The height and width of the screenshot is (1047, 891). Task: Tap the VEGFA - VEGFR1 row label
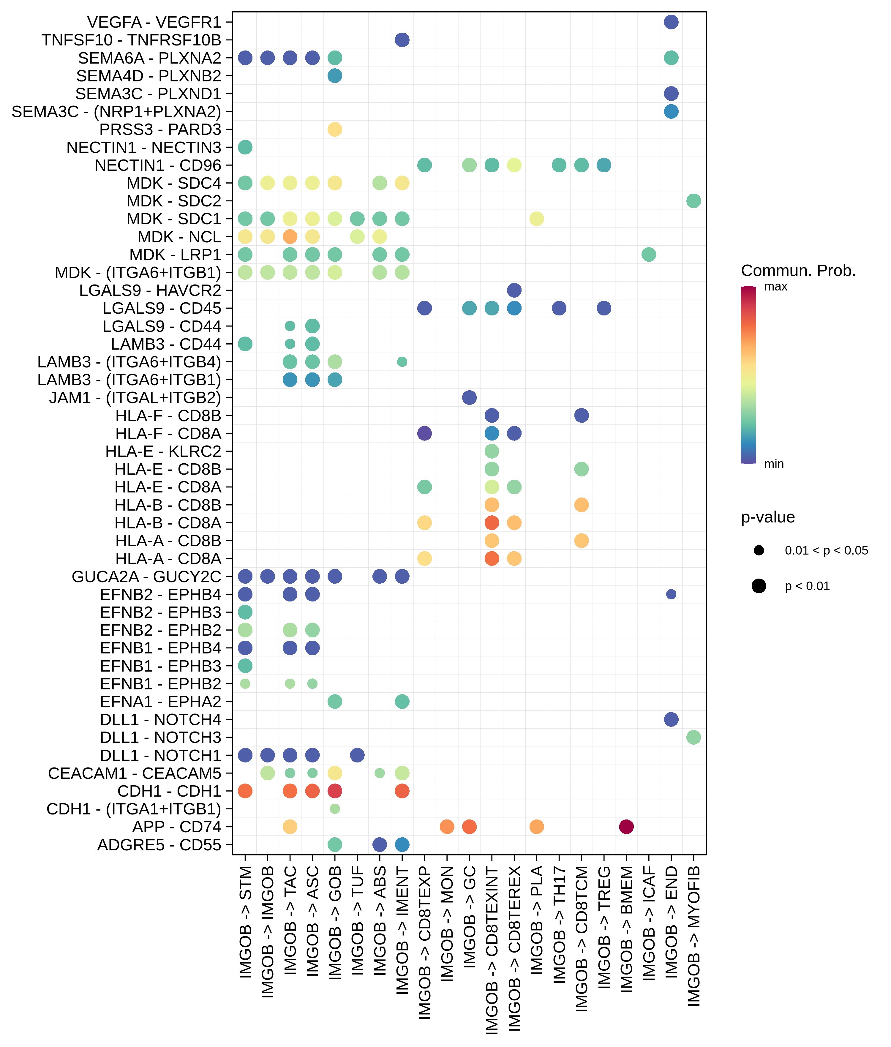(x=154, y=22)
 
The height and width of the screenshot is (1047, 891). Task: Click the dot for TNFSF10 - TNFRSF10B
(x=402, y=40)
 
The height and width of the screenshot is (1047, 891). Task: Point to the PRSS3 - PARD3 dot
(x=335, y=129)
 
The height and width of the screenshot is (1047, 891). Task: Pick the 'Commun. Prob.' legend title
(x=798, y=271)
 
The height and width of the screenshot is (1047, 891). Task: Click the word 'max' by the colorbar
(x=775, y=287)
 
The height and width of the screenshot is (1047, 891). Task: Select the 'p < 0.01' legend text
(x=807, y=586)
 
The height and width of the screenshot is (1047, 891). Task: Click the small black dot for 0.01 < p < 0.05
(x=759, y=550)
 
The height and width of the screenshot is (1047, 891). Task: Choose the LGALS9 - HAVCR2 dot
(x=514, y=290)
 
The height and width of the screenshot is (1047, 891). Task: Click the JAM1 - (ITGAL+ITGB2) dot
(x=469, y=397)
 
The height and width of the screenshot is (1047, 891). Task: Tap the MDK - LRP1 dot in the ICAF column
(x=649, y=255)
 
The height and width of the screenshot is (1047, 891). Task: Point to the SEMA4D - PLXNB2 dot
(x=335, y=76)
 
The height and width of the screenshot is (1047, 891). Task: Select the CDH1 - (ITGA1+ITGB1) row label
(x=134, y=809)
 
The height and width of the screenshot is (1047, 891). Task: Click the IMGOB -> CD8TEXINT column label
(x=492, y=950)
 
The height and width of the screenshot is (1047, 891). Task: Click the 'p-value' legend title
(x=768, y=517)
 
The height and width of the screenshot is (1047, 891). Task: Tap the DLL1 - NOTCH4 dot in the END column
(x=671, y=719)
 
